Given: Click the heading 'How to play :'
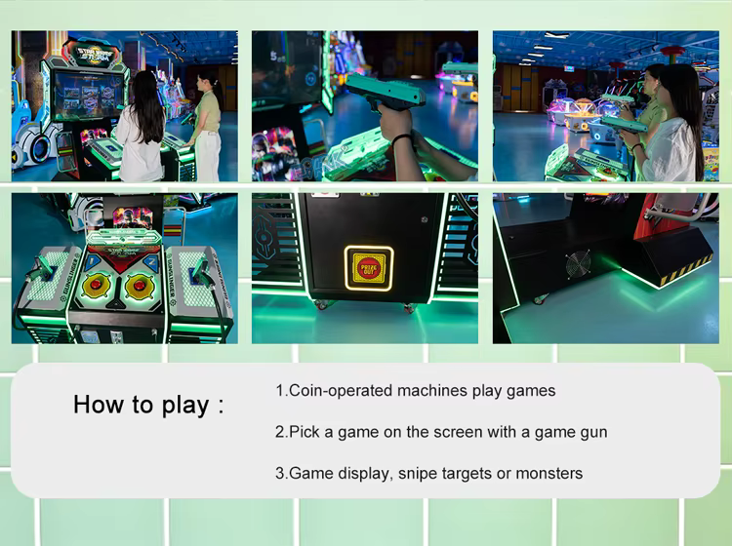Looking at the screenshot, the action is (148, 405).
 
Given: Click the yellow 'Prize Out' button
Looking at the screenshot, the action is (369, 268).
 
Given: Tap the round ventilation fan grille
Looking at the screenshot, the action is (579, 264).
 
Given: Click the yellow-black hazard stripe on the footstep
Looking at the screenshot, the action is (686, 270).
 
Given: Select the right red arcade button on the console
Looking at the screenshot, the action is (140, 284).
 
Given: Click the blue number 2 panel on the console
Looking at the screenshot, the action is (150, 263).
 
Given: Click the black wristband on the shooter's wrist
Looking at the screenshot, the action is (401, 138).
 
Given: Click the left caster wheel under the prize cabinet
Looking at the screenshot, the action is (322, 305).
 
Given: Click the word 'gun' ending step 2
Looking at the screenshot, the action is (594, 433).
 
